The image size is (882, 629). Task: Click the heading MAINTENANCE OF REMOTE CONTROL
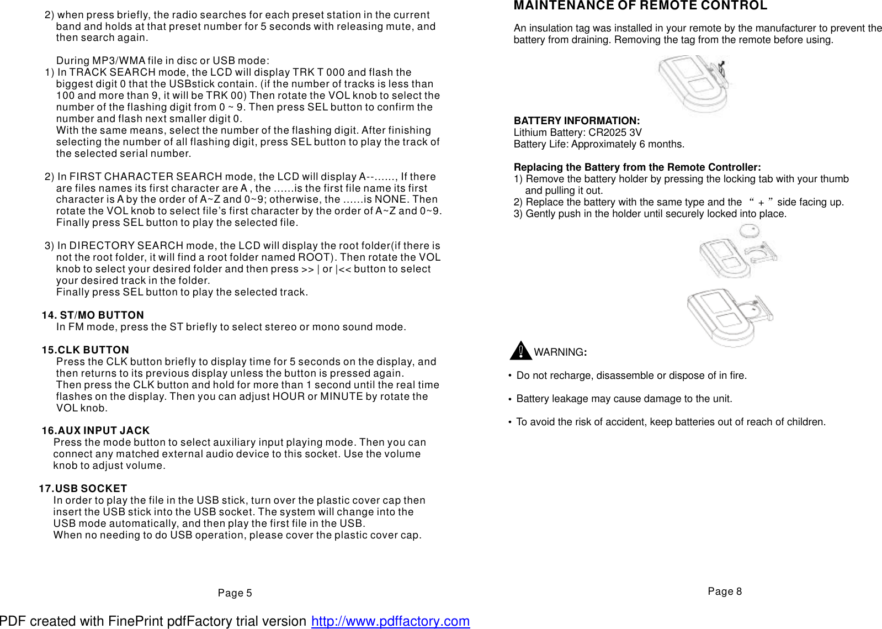[x=640, y=6]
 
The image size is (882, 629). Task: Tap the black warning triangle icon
[x=520, y=351]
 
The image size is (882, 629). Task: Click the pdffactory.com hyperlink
[x=390, y=621]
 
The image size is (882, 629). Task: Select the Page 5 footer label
[x=235, y=593]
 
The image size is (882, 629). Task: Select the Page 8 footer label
[x=724, y=591]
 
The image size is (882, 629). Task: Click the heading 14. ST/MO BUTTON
[x=93, y=315]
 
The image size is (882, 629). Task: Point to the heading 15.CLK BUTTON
[x=86, y=350]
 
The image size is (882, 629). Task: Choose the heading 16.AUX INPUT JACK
[x=95, y=431]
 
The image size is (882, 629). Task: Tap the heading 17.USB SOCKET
[x=83, y=489]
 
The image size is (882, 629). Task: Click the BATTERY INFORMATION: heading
[x=576, y=121]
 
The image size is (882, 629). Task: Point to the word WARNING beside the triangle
[x=559, y=352]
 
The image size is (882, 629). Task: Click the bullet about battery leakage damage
[x=624, y=399]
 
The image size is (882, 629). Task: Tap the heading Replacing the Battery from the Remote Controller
[x=637, y=167]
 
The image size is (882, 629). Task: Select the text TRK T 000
[x=318, y=72]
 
